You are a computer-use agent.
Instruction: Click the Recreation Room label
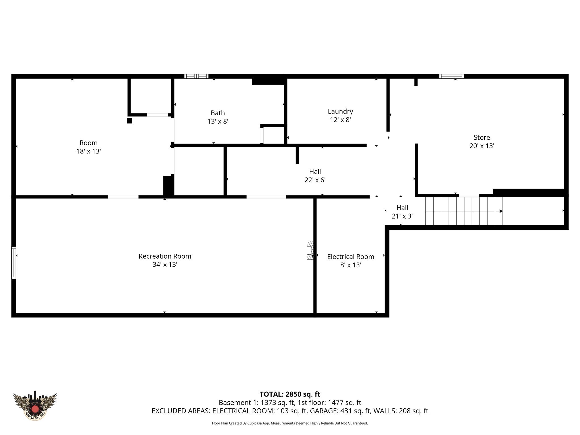[x=165, y=256]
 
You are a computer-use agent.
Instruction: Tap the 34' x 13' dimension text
[x=165, y=265]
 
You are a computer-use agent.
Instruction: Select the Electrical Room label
[x=351, y=257]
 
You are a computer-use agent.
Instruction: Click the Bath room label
[x=217, y=113]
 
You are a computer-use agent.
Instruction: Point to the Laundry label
[x=340, y=111]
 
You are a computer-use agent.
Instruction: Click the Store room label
[x=482, y=137]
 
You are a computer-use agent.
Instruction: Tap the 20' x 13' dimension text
[x=482, y=146]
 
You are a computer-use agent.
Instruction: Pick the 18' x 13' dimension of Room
[x=88, y=151]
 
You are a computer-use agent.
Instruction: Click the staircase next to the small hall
[x=464, y=211]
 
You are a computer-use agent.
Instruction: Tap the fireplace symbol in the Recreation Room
[x=310, y=250]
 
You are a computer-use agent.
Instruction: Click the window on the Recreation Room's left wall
[x=14, y=263]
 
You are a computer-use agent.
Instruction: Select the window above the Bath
[x=196, y=76]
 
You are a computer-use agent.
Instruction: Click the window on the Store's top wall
[x=451, y=76]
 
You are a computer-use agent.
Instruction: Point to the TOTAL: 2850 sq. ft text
[x=290, y=394]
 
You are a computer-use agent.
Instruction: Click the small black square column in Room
[x=129, y=121]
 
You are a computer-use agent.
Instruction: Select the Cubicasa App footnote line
[x=290, y=423]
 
